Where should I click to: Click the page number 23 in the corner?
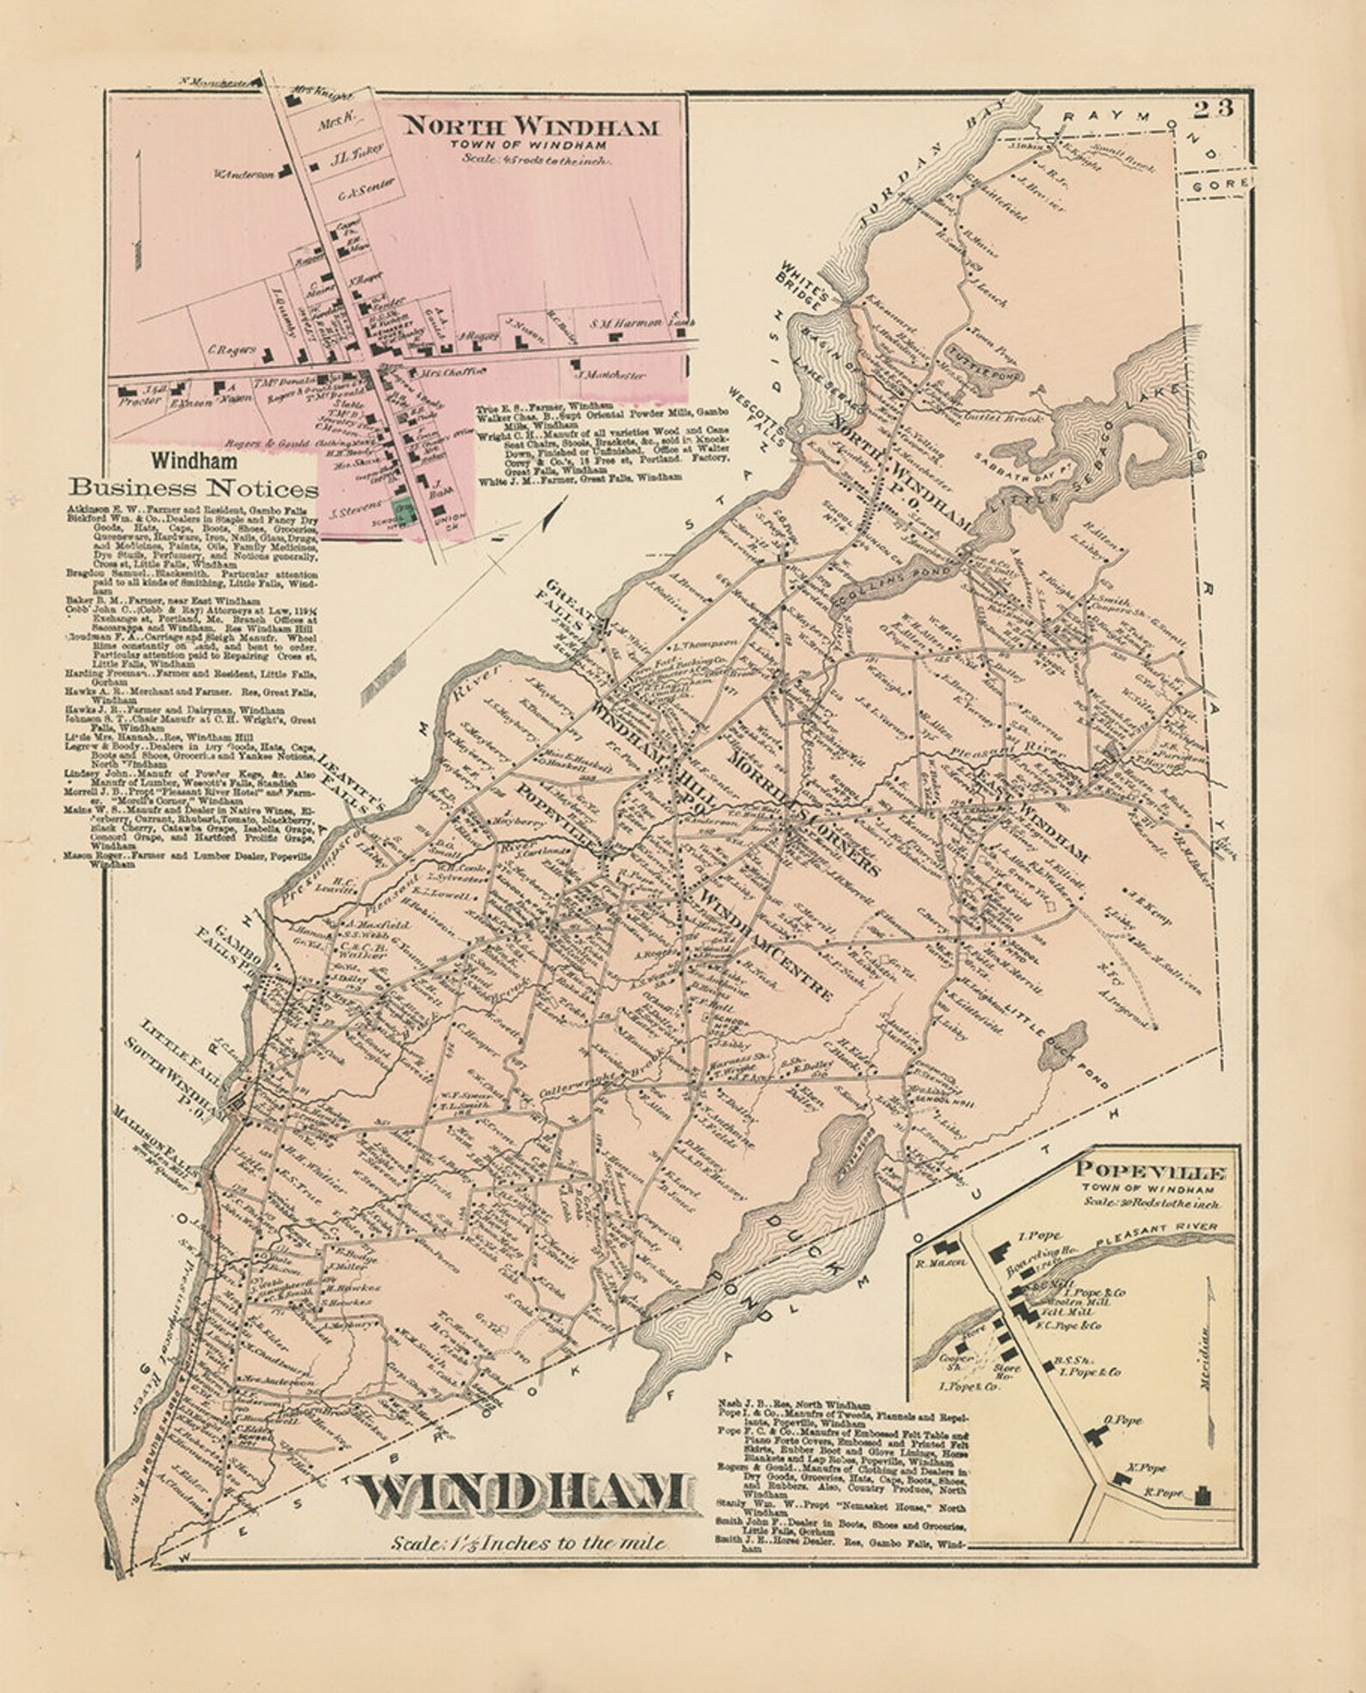click(x=1214, y=109)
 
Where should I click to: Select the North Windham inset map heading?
click(x=531, y=127)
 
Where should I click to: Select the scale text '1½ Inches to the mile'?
click(x=528, y=1543)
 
